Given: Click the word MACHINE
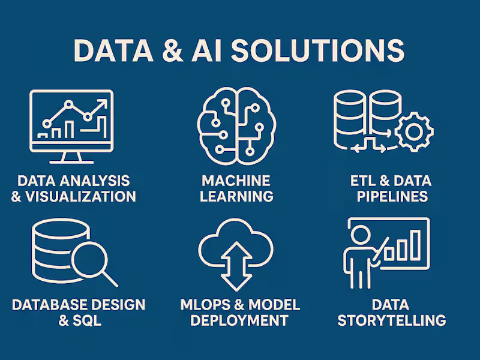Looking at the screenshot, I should (x=236, y=181).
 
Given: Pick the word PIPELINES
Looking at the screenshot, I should (x=392, y=197).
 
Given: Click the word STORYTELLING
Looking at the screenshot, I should (x=392, y=320).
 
